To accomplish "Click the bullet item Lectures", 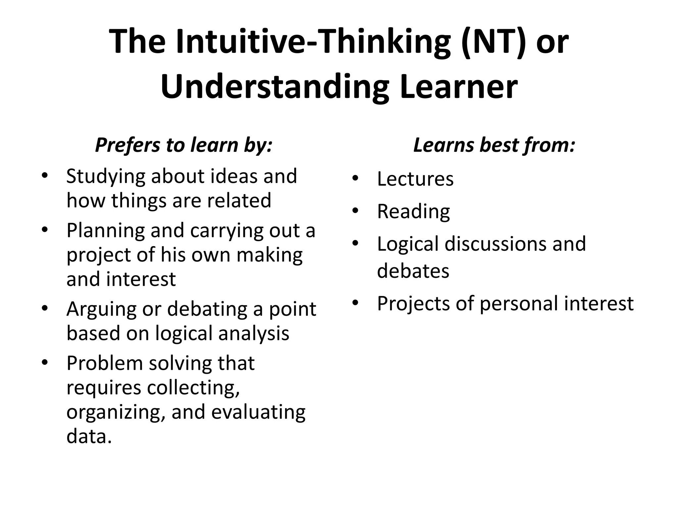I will tap(415, 179).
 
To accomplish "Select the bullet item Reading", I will tap(413, 212).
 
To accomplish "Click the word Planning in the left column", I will tap(106, 231).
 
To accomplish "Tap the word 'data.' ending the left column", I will tap(89, 437).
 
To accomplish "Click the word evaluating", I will tap(258, 412).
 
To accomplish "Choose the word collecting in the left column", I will tap(193, 388).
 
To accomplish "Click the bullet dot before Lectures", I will tap(356, 179).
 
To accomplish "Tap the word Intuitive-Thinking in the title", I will tap(313, 42).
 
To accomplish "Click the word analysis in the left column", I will tap(254, 333).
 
